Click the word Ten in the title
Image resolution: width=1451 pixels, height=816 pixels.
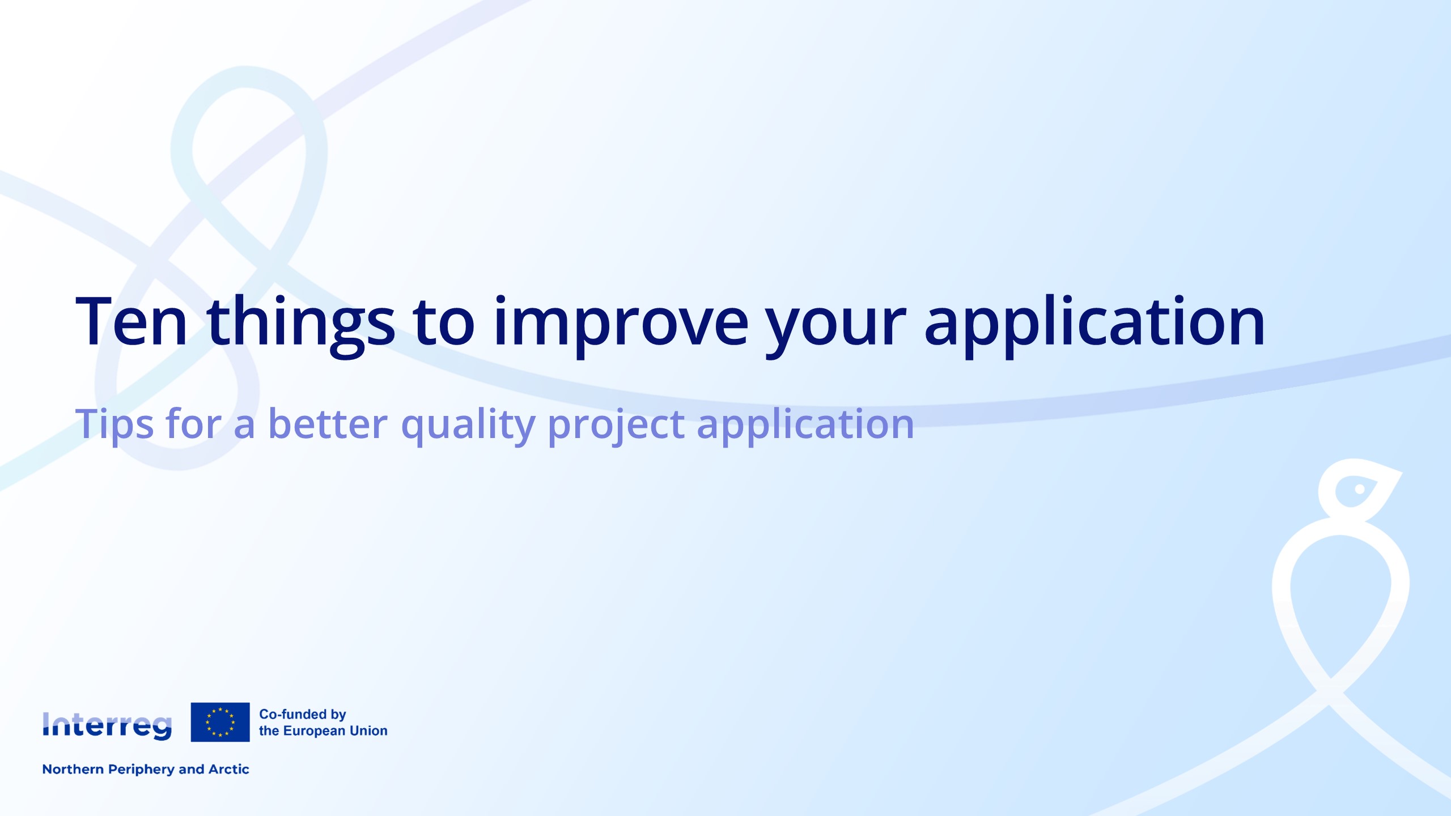(x=131, y=321)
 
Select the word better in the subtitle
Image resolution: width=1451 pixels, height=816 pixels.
(x=328, y=423)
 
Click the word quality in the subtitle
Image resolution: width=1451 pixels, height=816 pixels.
(x=468, y=426)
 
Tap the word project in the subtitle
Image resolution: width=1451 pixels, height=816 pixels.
(x=616, y=426)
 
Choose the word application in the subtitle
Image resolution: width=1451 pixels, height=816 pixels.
(x=805, y=426)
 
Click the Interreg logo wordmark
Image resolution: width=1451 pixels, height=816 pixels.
(x=107, y=726)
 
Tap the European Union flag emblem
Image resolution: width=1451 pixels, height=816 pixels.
(x=220, y=722)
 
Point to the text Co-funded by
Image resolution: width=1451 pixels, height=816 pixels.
(x=303, y=715)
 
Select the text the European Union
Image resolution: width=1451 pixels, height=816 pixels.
(x=323, y=731)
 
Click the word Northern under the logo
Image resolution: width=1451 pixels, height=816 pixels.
(x=73, y=769)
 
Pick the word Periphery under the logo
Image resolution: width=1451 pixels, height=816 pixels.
(x=141, y=770)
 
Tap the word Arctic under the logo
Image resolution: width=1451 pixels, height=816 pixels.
(x=229, y=769)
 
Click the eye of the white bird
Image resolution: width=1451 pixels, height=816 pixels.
(x=1360, y=488)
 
